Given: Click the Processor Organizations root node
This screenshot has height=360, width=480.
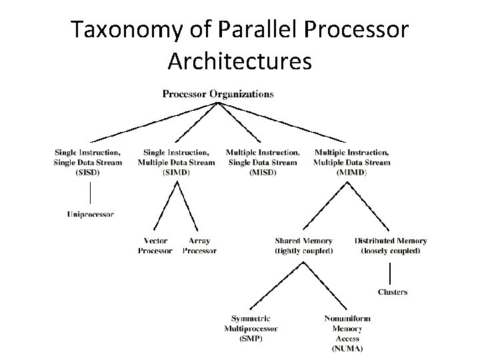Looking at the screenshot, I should tap(217, 94).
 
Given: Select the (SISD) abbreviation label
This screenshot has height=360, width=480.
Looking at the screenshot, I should tap(88, 172).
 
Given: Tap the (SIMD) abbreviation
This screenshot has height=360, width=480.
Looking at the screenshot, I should tap(176, 172).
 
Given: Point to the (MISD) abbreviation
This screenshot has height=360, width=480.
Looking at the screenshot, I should tap(262, 172).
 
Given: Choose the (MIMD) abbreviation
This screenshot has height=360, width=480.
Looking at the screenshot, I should tap(351, 172).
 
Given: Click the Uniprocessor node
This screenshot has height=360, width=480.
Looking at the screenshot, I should tap(91, 214).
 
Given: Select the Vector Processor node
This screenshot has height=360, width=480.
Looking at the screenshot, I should tap(155, 246).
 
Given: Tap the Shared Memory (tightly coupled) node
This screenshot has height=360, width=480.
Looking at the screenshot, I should tap(303, 246).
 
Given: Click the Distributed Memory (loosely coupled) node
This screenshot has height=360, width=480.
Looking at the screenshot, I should tap(390, 246).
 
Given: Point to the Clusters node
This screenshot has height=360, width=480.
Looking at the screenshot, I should tap(392, 291).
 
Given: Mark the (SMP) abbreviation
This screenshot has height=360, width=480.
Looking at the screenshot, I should tap(251, 339).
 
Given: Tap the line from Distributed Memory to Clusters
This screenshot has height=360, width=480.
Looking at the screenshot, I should tap(391, 273).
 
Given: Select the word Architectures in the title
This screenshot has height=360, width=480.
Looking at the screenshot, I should tap(239, 61).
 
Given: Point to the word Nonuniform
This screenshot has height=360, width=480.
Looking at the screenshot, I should tap(347, 319).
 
